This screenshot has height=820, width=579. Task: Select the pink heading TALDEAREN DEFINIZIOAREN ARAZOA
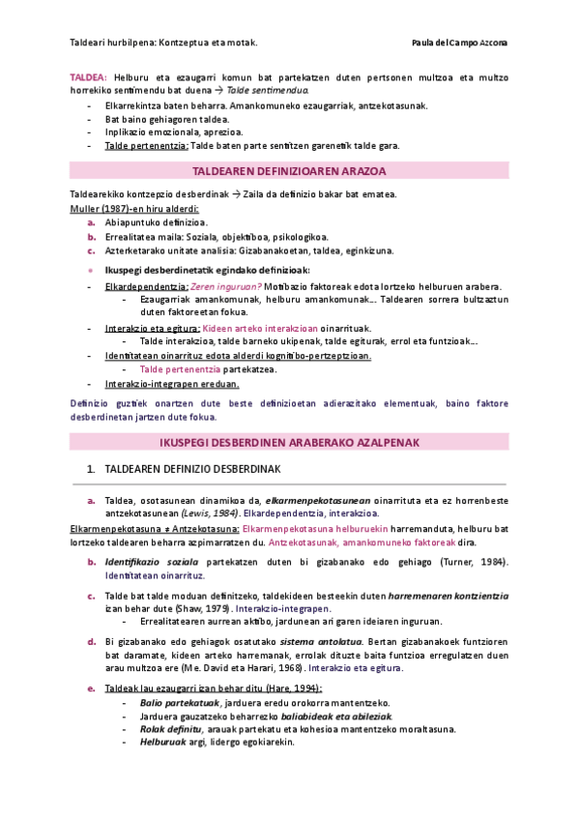(290, 171)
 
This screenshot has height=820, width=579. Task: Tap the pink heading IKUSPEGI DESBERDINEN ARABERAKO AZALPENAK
(290, 441)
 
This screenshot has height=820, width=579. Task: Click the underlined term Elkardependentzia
(146, 287)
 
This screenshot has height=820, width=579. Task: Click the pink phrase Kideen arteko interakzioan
(251, 328)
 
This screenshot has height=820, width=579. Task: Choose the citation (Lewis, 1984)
(211, 512)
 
